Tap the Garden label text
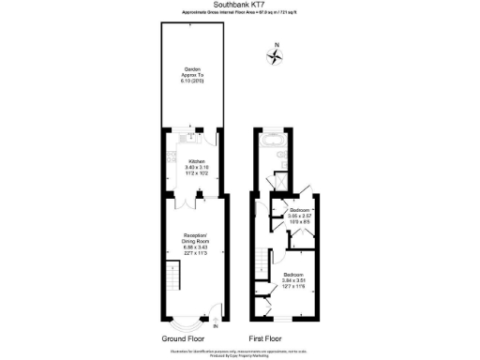click(x=192, y=70)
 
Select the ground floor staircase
click(x=172, y=277)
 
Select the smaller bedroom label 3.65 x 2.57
click(x=300, y=216)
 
